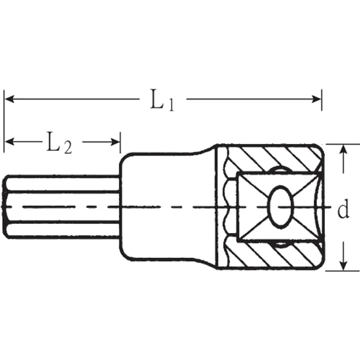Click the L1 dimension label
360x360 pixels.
(162, 100)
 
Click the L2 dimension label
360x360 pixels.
(59, 142)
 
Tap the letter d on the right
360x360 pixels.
(343, 209)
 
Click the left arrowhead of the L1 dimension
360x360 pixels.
(9, 99)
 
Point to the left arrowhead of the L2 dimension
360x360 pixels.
(9, 142)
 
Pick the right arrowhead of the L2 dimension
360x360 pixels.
(115, 142)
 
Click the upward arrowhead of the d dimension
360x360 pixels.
(343, 150)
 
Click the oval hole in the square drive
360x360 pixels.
(281, 207)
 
